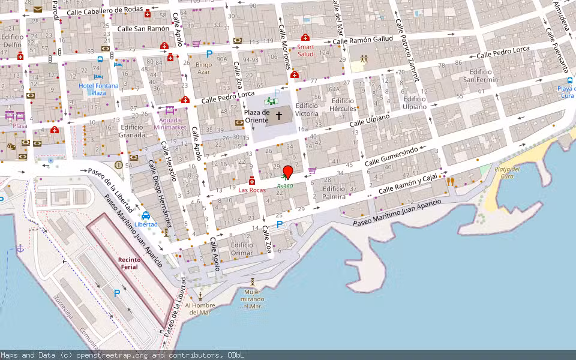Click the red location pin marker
point(287,172)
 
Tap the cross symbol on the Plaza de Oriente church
point(278,115)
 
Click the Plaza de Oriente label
point(256,116)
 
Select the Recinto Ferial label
point(129,263)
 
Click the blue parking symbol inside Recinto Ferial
point(117,293)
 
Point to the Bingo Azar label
point(204,67)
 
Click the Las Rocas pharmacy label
point(252,190)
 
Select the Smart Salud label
point(305,50)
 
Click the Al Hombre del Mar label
point(200,308)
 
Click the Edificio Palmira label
point(334,192)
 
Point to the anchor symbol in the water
point(20,248)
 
